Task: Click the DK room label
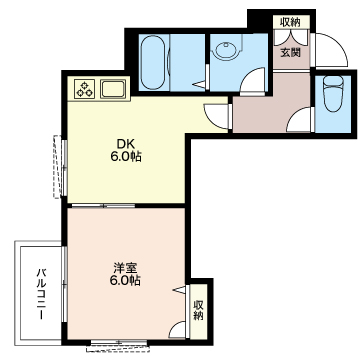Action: (126, 144)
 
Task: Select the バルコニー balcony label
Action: (41, 293)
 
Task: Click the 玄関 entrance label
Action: (290, 53)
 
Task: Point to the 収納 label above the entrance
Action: (290, 22)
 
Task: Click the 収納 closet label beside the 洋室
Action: (199, 310)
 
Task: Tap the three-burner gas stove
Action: (84, 89)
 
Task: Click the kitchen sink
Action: (113, 89)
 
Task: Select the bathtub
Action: (152, 62)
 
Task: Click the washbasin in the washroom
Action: (226, 50)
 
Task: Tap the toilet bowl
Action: (333, 94)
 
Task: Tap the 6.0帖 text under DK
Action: (126, 156)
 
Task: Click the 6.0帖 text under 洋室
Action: (125, 281)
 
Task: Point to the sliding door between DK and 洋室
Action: (103, 205)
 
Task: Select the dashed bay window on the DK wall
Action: (59, 166)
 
